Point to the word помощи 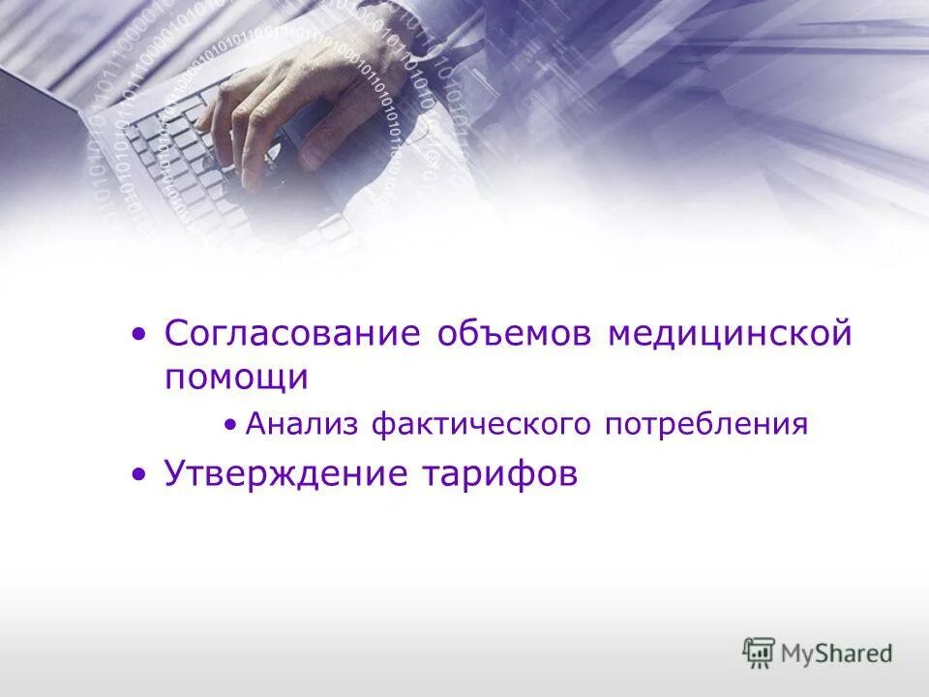236,377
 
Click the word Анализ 301,424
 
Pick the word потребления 706,424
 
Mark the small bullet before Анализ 229,425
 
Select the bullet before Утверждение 141,475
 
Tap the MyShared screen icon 759,652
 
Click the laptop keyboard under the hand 174,165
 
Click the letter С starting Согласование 176,334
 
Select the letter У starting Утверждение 174,474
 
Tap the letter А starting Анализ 255,424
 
